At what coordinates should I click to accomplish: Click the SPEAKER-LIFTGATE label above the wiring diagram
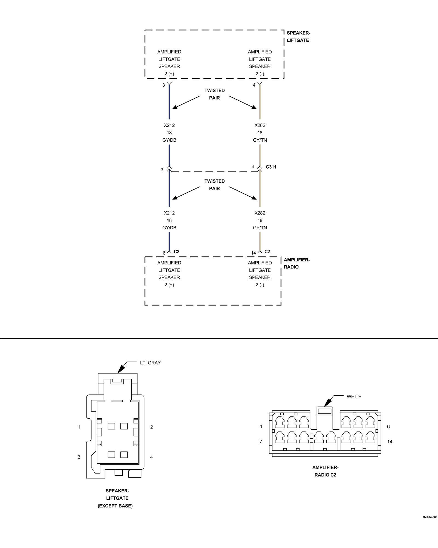[x=298, y=36]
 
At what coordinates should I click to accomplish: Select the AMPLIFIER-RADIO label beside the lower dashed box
[x=297, y=263]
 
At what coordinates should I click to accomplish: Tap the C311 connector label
[x=271, y=167]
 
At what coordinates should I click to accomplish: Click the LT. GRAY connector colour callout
[x=150, y=363]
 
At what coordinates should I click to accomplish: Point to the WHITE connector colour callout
[x=354, y=396]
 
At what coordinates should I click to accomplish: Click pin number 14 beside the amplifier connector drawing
[x=390, y=441]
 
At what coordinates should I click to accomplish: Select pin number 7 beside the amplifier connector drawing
[x=261, y=441]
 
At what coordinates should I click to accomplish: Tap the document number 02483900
[x=430, y=517]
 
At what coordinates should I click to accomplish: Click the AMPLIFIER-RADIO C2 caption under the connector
[x=325, y=471]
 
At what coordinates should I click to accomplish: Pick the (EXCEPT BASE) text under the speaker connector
[x=115, y=506]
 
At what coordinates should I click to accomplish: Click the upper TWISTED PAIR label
[x=215, y=94]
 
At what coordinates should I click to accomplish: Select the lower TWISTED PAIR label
[x=215, y=185]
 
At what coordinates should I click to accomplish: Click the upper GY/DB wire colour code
[x=169, y=140]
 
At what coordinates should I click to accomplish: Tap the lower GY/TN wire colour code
[x=260, y=228]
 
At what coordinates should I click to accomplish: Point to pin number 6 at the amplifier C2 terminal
[x=164, y=253]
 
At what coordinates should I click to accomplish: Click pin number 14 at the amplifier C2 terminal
[x=253, y=253]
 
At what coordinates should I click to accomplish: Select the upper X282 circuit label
[x=260, y=125]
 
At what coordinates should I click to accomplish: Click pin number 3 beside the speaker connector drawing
[x=79, y=457]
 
